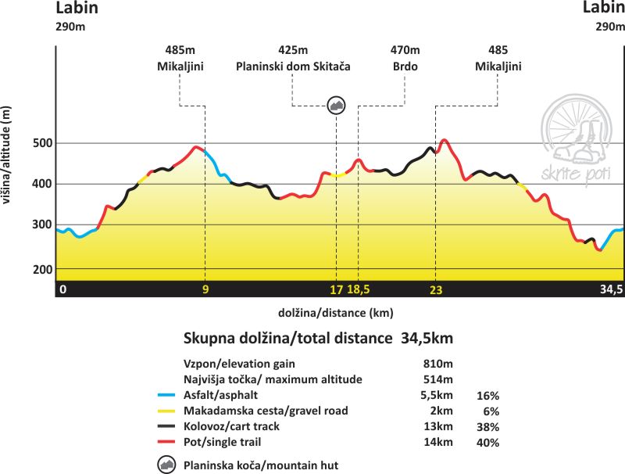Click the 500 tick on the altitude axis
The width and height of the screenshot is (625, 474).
click(42, 143)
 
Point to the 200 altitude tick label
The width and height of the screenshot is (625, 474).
click(42, 269)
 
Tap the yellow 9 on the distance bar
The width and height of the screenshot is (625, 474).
click(205, 289)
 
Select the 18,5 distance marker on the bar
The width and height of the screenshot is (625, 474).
click(359, 289)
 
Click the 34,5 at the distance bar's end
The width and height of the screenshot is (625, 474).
click(610, 289)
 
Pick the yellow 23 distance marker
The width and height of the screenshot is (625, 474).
click(435, 289)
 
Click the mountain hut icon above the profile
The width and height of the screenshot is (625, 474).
click(336, 106)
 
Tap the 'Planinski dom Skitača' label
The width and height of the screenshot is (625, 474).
click(293, 66)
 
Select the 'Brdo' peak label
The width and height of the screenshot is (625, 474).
click(405, 66)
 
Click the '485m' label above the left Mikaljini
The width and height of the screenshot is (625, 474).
click(180, 50)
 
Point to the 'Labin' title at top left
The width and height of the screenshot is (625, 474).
click(77, 9)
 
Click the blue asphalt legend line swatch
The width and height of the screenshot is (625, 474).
click(166, 395)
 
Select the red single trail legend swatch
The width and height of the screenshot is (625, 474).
click(166, 443)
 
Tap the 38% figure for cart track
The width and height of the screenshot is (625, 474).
click(487, 427)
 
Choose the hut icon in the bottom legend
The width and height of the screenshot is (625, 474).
click(166, 465)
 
